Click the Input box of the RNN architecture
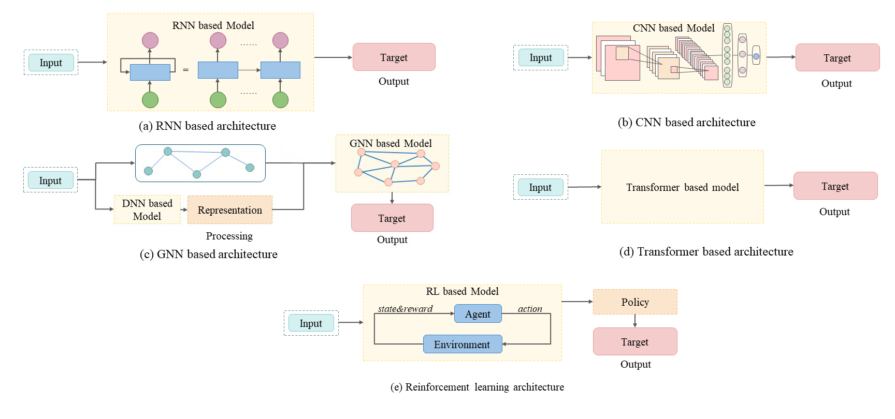tap(51, 63)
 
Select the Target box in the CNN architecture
tap(837, 58)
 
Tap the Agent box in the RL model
tap(478, 314)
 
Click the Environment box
tap(462, 345)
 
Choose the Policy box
tap(635, 302)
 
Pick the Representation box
tap(229, 210)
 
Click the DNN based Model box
tap(147, 209)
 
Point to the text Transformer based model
tap(682, 187)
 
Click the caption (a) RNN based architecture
tap(207, 126)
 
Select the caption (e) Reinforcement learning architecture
tap(477, 387)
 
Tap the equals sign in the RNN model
tap(185, 70)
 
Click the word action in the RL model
tap(530, 309)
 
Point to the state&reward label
tap(405, 309)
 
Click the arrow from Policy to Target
tap(635, 321)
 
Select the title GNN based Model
tap(391, 143)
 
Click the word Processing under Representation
tap(229, 236)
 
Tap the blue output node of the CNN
tap(756, 56)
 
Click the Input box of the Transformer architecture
tap(540, 187)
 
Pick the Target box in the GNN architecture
tap(392, 218)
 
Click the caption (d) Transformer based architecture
tap(706, 251)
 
